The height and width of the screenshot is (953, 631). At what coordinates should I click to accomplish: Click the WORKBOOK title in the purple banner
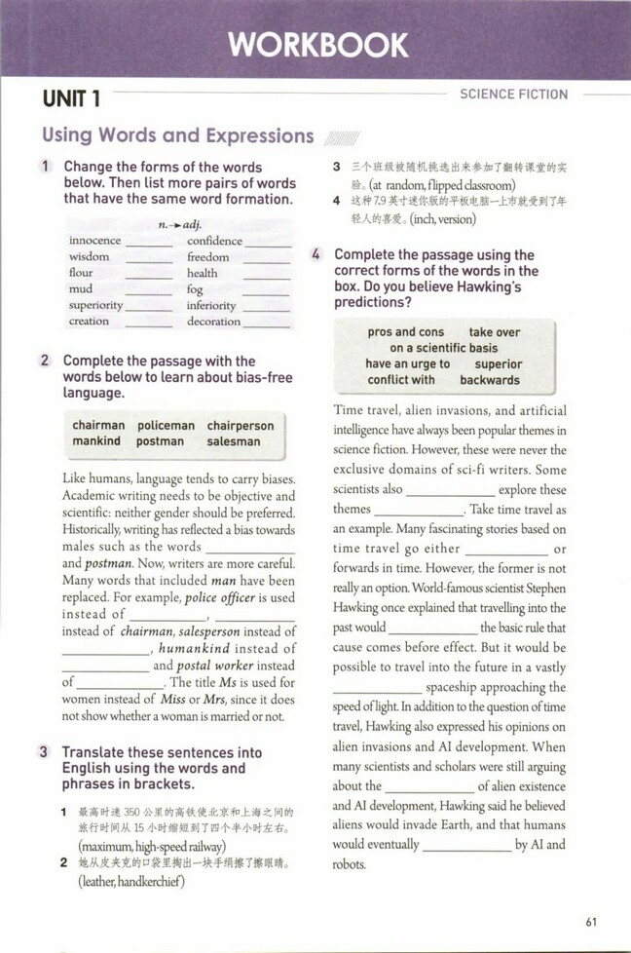[317, 45]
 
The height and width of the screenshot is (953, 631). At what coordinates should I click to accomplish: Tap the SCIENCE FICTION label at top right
[513, 95]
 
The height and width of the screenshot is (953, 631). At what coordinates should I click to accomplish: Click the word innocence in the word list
[95, 241]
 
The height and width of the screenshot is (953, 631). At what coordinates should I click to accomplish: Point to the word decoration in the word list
[213, 321]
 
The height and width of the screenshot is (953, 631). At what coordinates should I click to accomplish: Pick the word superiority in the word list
[96, 305]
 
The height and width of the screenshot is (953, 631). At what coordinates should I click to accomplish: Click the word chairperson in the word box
[241, 426]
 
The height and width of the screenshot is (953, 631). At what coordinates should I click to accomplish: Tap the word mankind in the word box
[96, 441]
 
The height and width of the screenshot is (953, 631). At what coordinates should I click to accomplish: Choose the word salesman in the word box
[234, 441]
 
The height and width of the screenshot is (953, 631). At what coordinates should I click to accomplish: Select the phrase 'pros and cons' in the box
[405, 332]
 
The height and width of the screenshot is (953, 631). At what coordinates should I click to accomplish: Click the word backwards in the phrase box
[490, 380]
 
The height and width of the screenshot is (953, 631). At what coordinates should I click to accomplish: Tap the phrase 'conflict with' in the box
[401, 380]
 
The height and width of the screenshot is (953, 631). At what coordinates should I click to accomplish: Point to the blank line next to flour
[149, 276]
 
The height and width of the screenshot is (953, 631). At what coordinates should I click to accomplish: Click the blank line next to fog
[266, 291]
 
